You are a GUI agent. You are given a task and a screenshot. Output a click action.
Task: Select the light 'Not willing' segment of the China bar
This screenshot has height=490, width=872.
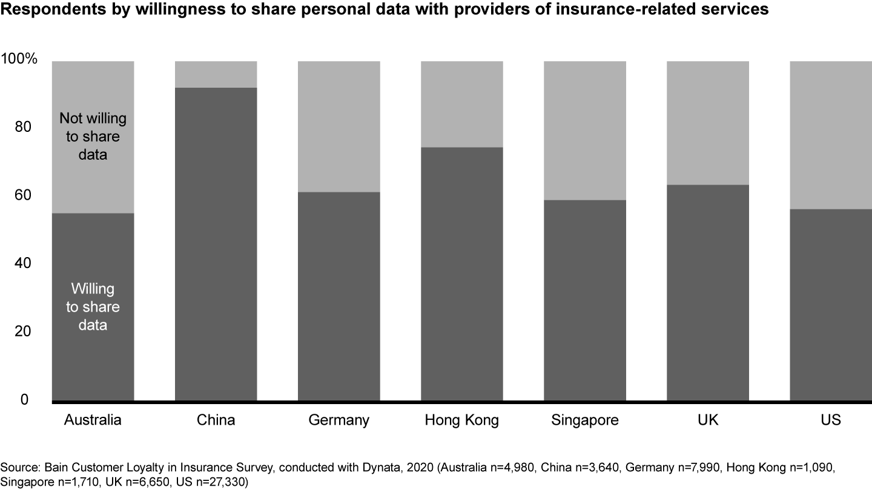coord(216,74)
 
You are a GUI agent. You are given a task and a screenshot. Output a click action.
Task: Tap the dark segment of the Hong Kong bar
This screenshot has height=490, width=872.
coord(462,273)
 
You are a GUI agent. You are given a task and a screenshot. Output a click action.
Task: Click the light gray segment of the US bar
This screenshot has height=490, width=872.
coord(830,134)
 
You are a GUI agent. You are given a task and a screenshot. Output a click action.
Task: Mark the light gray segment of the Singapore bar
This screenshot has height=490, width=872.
coord(585,130)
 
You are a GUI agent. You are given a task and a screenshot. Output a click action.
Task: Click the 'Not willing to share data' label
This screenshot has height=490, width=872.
coord(93,136)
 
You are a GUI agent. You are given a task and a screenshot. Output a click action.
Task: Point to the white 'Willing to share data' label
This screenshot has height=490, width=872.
coord(93,307)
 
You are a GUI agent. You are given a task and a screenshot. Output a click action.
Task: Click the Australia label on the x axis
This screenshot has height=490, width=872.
coord(93,420)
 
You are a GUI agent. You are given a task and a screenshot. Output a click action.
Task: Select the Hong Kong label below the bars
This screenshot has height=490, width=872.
coord(462,420)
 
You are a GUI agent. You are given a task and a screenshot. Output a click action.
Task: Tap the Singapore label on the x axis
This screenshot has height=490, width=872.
coord(585,420)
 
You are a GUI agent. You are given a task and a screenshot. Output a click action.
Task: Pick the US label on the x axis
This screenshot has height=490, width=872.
coord(831,420)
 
